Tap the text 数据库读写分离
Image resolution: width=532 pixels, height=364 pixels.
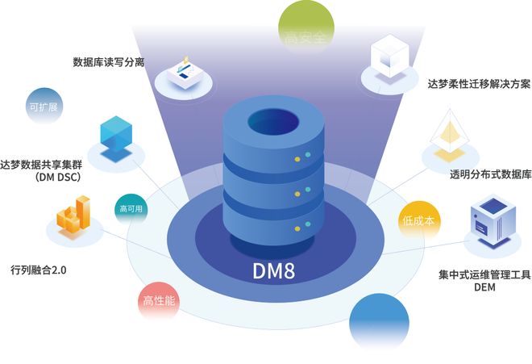[108, 61]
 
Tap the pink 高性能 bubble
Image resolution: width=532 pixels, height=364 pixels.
[160, 302]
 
